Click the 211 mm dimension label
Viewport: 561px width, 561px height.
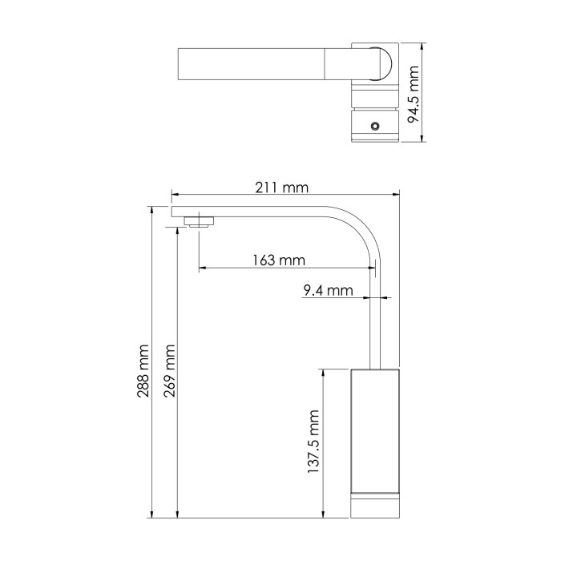281,188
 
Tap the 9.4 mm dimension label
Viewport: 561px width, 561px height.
328,291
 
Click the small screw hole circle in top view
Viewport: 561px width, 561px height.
374,126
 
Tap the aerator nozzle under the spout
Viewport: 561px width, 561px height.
199,221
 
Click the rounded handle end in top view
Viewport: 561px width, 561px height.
381,63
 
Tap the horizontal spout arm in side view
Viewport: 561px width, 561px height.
256,211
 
